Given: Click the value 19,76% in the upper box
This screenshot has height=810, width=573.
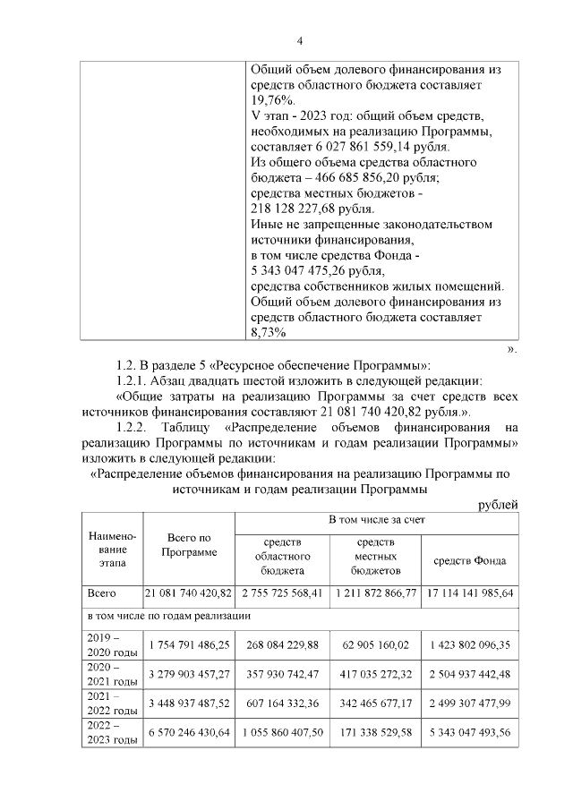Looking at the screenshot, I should [269, 101].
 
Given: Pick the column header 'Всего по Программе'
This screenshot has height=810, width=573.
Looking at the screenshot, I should [189, 544].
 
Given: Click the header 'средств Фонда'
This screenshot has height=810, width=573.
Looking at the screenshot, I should [469, 560].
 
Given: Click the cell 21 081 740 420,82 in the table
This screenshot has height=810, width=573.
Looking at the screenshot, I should [189, 593].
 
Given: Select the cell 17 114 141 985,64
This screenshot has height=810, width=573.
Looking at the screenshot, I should [469, 593].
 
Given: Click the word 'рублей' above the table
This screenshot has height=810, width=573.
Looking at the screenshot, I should [498, 506].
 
